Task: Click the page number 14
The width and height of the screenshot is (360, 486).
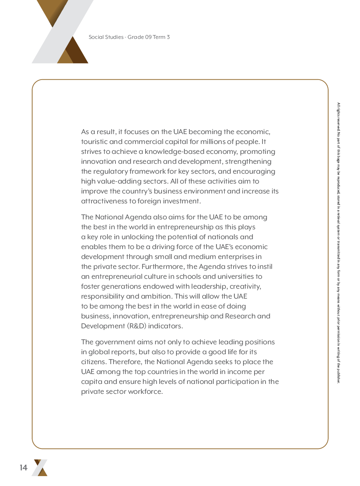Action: (24, 468)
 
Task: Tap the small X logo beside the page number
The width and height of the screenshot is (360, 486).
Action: (40, 468)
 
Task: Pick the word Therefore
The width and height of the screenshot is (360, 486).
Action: (125, 362)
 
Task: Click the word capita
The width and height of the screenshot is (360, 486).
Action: (91, 382)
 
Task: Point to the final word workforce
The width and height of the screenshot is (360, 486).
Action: (146, 392)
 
